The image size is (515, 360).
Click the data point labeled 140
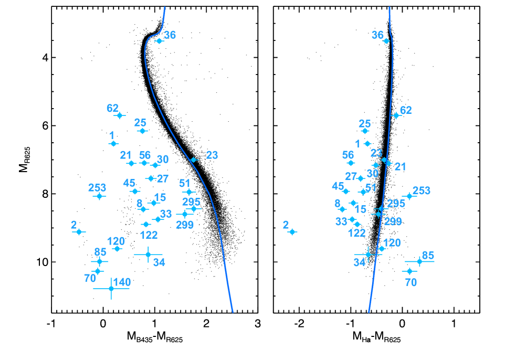click(x=111, y=288)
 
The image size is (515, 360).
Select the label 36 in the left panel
click(x=170, y=35)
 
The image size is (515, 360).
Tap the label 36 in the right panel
click(x=377, y=35)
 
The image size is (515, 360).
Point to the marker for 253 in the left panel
click(x=100, y=196)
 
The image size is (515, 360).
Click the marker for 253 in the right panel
click(x=409, y=196)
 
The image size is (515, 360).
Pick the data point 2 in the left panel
click(x=79, y=231)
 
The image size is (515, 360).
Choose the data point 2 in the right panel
click(x=292, y=231)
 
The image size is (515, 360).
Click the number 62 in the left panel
click(x=112, y=108)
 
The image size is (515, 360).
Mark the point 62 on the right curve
click(x=396, y=115)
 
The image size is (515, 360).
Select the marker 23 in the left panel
click(x=193, y=160)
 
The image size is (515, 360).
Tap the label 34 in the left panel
click(x=159, y=262)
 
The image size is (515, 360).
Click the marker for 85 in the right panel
click(x=419, y=261)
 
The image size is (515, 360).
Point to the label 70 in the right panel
click(x=411, y=282)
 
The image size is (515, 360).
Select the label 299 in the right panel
click(x=393, y=221)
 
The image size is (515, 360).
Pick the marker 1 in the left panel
click(x=113, y=143)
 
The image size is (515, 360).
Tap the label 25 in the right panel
click(x=364, y=124)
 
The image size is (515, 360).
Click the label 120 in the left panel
click(x=116, y=241)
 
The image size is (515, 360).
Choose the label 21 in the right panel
click(x=400, y=167)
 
